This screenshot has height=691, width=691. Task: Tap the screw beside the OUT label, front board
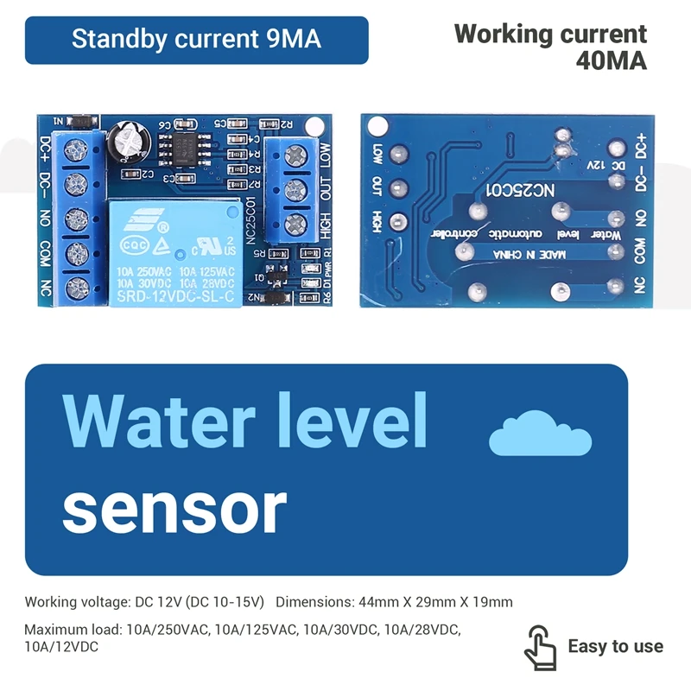pos(297,187)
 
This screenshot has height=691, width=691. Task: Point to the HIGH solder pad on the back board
pos(397,220)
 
